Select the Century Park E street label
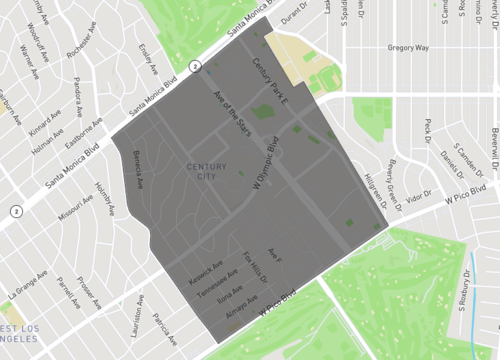(271, 83)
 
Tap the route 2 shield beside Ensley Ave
(196, 67)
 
